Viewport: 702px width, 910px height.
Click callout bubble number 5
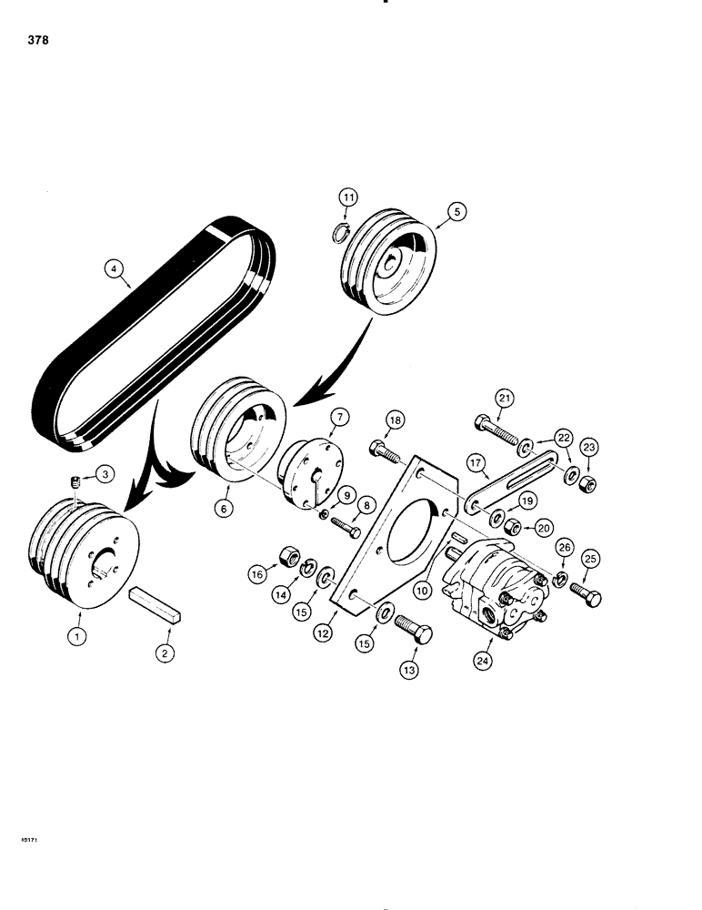(x=456, y=211)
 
